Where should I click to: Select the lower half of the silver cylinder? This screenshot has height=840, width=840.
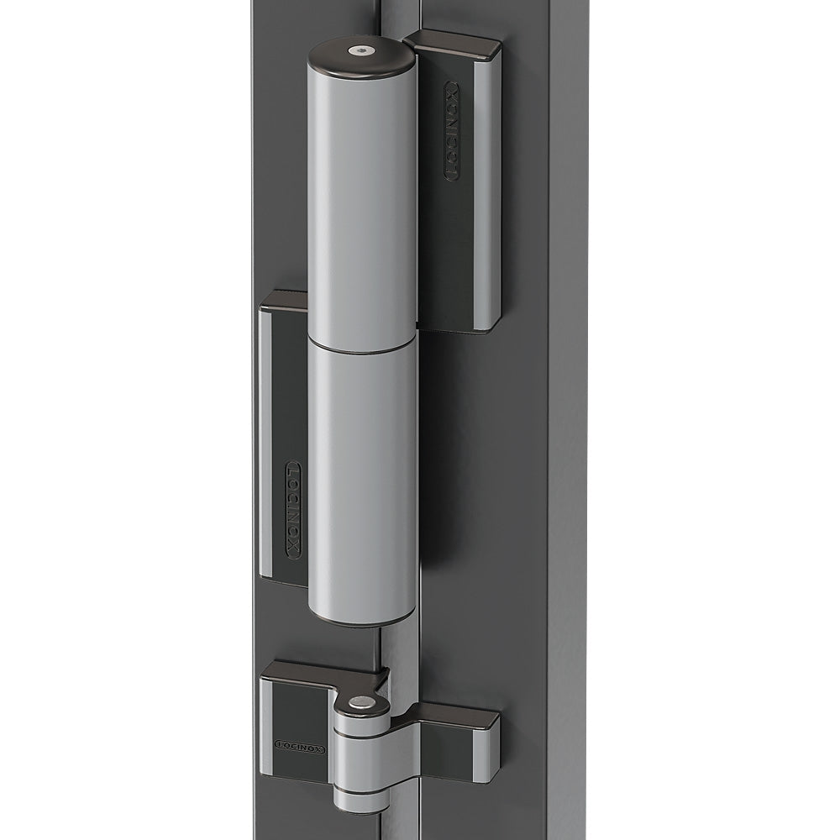(x=363, y=479)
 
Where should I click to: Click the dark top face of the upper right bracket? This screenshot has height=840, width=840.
(x=454, y=40)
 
